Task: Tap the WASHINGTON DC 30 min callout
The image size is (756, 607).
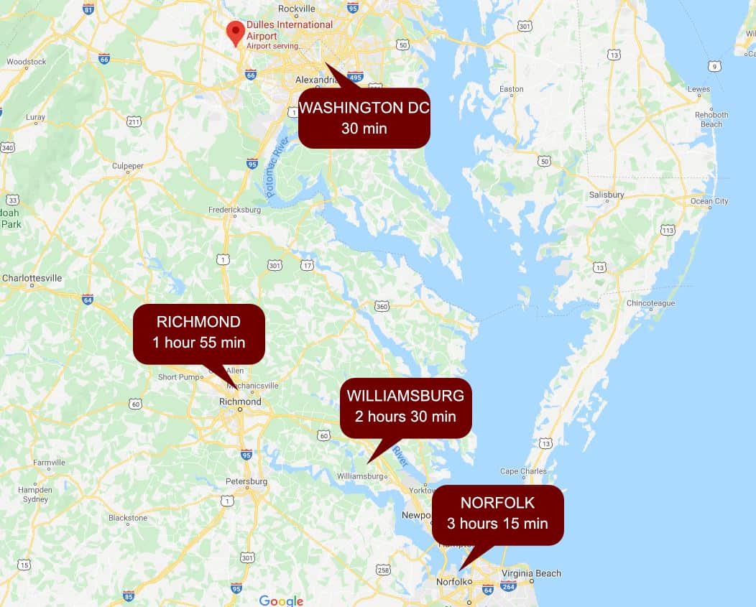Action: point(364,119)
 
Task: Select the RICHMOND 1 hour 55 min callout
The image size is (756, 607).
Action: point(199,333)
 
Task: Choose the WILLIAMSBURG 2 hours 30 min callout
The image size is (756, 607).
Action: point(405,407)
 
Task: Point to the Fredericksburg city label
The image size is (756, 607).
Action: point(234,210)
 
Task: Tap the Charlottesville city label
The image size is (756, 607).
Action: point(32,278)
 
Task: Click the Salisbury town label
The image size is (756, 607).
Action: point(607,195)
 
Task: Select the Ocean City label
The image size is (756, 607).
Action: point(709,201)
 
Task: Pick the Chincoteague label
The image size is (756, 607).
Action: point(651,303)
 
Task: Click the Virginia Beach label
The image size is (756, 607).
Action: point(531,573)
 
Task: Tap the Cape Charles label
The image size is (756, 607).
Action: point(523,471)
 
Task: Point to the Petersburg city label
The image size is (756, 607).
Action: point(246,481)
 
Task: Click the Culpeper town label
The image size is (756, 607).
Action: point(128,166)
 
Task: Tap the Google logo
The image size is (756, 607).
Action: point(281,601)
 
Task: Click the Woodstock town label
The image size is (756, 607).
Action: point(27,62)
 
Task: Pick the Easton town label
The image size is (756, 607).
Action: point(512,89)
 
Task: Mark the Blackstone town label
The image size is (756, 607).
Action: point(128,518)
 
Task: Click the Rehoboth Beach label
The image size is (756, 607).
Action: point(711,119)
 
